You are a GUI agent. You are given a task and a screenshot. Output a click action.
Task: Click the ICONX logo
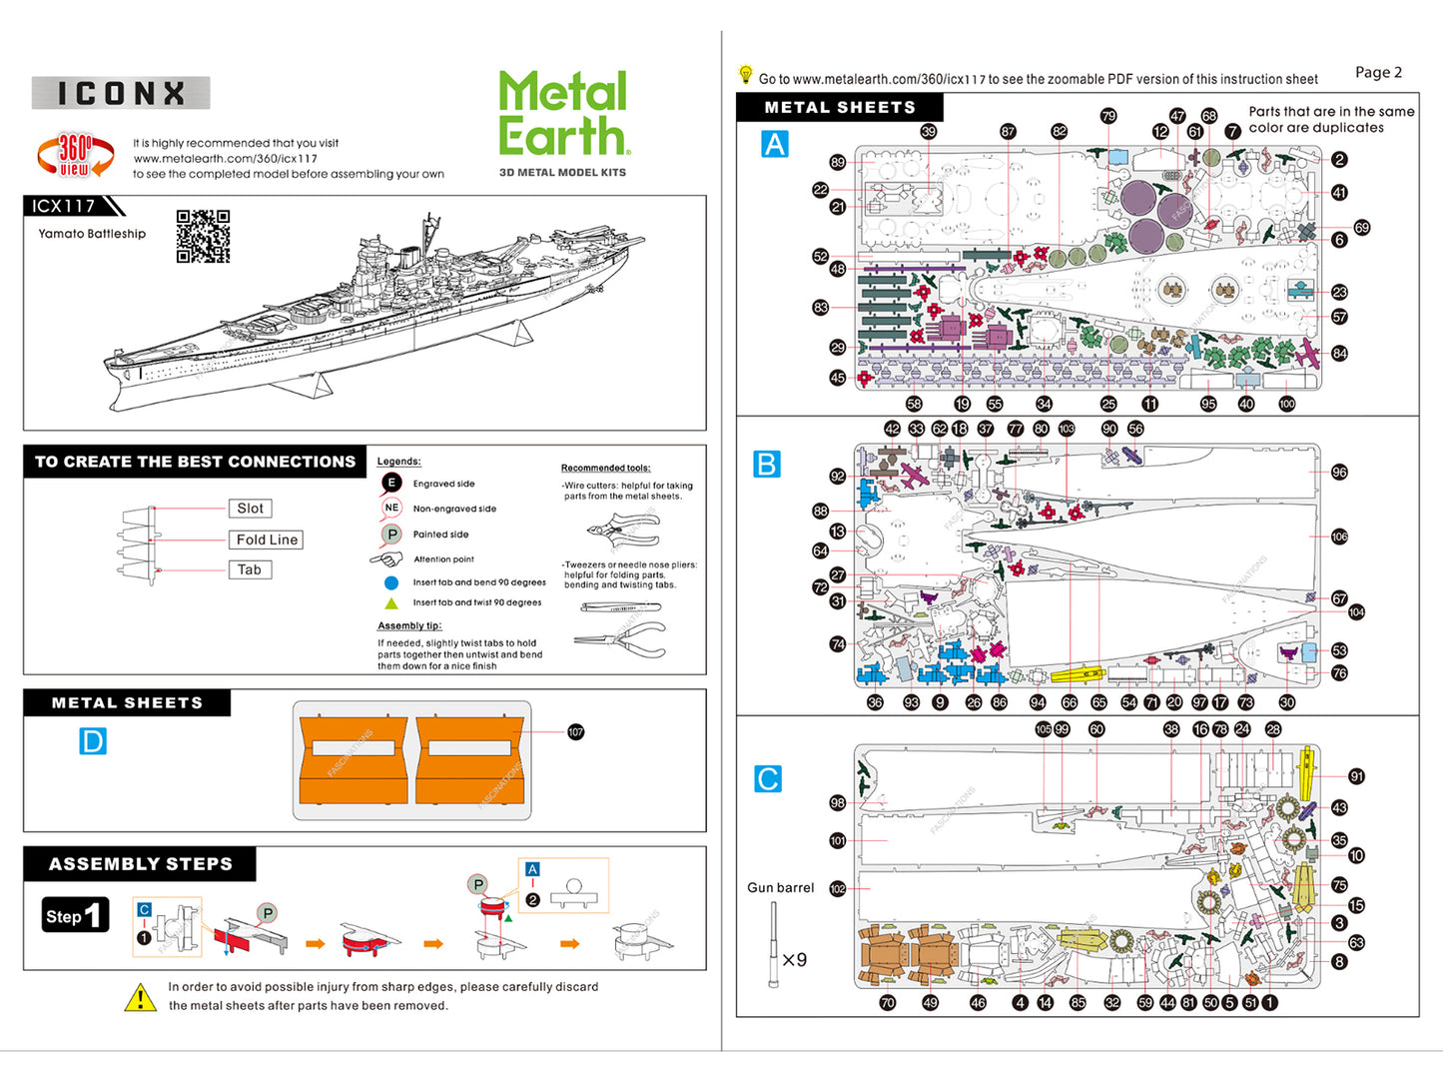coord(121,93)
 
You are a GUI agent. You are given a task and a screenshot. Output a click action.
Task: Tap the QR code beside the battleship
coord(203,236)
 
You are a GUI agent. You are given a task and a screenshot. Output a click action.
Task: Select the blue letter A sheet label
coord(775,145)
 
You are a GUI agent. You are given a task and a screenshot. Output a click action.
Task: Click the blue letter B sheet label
coord(767,465)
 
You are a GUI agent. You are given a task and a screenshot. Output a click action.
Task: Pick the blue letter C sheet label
coord(768,779)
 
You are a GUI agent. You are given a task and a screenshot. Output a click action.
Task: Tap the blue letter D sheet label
coord(93,741)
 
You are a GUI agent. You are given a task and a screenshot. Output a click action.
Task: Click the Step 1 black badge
coord(75,915)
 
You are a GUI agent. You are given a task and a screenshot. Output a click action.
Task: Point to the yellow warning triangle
coord(140,997)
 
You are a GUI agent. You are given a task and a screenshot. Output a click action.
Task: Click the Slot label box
coord(250,509)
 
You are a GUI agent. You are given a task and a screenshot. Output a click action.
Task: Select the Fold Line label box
coord(267,540)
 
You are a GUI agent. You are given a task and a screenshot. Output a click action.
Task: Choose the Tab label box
coord(250,569)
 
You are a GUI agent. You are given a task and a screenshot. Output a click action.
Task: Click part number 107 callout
coord(576,732)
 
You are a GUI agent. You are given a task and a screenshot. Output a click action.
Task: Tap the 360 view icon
coord(75,156)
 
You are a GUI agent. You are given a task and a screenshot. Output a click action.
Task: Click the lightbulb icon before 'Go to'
coord(745,74)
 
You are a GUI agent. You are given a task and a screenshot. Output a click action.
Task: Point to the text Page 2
coord(1378,72)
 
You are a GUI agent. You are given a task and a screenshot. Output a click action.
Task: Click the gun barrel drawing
coord(774,944)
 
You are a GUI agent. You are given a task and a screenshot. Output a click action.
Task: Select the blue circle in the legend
coord(391,582)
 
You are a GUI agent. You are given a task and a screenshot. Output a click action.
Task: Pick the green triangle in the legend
coord(391,603)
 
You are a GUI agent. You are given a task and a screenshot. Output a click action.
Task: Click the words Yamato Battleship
coord(92,234)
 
